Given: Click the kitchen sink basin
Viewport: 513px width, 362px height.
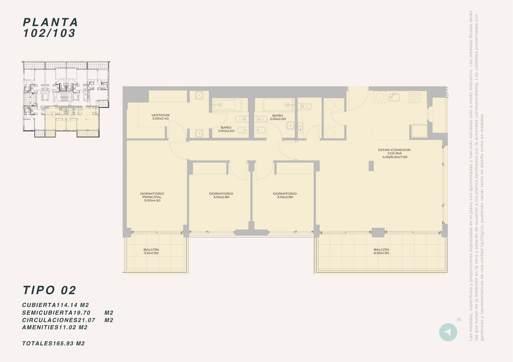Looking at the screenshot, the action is tap(394, 97).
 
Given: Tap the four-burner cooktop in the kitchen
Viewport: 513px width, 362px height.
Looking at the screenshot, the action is tap(415, 98).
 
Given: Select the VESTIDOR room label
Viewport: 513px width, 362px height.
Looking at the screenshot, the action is tap(160, 115).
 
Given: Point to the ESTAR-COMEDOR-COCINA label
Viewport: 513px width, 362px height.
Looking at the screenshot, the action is tap(395, 152).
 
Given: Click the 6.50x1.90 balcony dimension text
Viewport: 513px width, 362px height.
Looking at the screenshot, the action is tap(381, 253).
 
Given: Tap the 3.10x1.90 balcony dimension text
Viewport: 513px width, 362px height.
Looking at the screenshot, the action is tap(151, 253).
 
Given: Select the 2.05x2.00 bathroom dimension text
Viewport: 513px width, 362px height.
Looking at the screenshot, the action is tap(278, 119).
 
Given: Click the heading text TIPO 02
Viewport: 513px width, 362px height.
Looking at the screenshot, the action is tap(50, 290).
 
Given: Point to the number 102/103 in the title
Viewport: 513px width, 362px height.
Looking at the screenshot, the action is tap(49, 33).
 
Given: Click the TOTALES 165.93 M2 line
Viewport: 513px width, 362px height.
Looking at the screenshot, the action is tap(53, 344).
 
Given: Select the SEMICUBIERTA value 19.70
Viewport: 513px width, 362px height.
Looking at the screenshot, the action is tap(82, 313).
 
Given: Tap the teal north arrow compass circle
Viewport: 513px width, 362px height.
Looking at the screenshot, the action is tap(448, 332).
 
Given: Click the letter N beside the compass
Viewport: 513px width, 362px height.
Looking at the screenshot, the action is tap(459, 320).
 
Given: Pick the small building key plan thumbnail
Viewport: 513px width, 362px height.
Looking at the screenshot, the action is tap(66, 99).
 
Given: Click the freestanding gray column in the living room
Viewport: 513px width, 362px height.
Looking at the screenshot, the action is tap(371, 166).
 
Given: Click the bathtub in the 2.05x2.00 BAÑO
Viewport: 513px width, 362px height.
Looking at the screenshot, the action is tap(279, 105).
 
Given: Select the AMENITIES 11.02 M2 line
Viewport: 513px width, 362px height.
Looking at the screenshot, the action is tap(55, 327).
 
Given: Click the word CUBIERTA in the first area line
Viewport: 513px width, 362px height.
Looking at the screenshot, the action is tap(39, 305).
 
